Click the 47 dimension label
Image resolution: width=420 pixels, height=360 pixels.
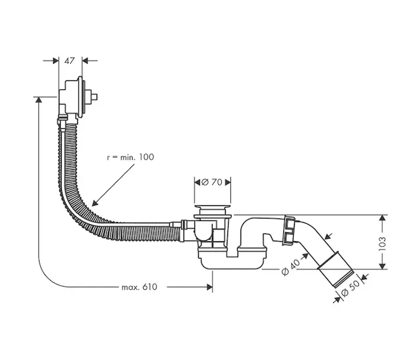pos(70,60)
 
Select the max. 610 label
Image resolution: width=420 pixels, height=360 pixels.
pos(139,287)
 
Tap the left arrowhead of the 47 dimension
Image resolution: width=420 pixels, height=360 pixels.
pos(55,60)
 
